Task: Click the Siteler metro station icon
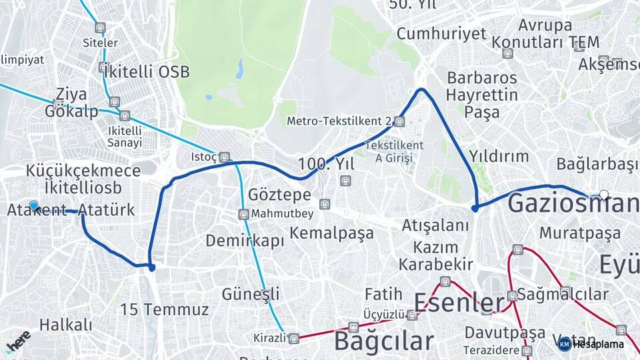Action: (100, 28)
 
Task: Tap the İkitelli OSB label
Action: (146, 71)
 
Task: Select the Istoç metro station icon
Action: (225, 157)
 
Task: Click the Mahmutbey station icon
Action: (243, 214)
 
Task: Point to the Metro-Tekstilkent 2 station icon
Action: (399, 121)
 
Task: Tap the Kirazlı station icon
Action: (293, 338)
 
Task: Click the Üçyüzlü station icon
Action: (412, 315)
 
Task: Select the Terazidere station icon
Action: (527, 351)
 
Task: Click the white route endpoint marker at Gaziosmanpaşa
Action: (604, 195)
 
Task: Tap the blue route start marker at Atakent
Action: (33, 207)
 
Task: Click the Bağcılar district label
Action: (383, 341)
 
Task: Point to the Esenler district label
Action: (459, 303)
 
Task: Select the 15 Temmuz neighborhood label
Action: (164, 309)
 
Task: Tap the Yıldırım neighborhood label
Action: (498, 156)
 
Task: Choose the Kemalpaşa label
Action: (331, 233)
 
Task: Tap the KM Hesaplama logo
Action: (591, 344)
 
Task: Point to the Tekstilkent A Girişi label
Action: (394, 151)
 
